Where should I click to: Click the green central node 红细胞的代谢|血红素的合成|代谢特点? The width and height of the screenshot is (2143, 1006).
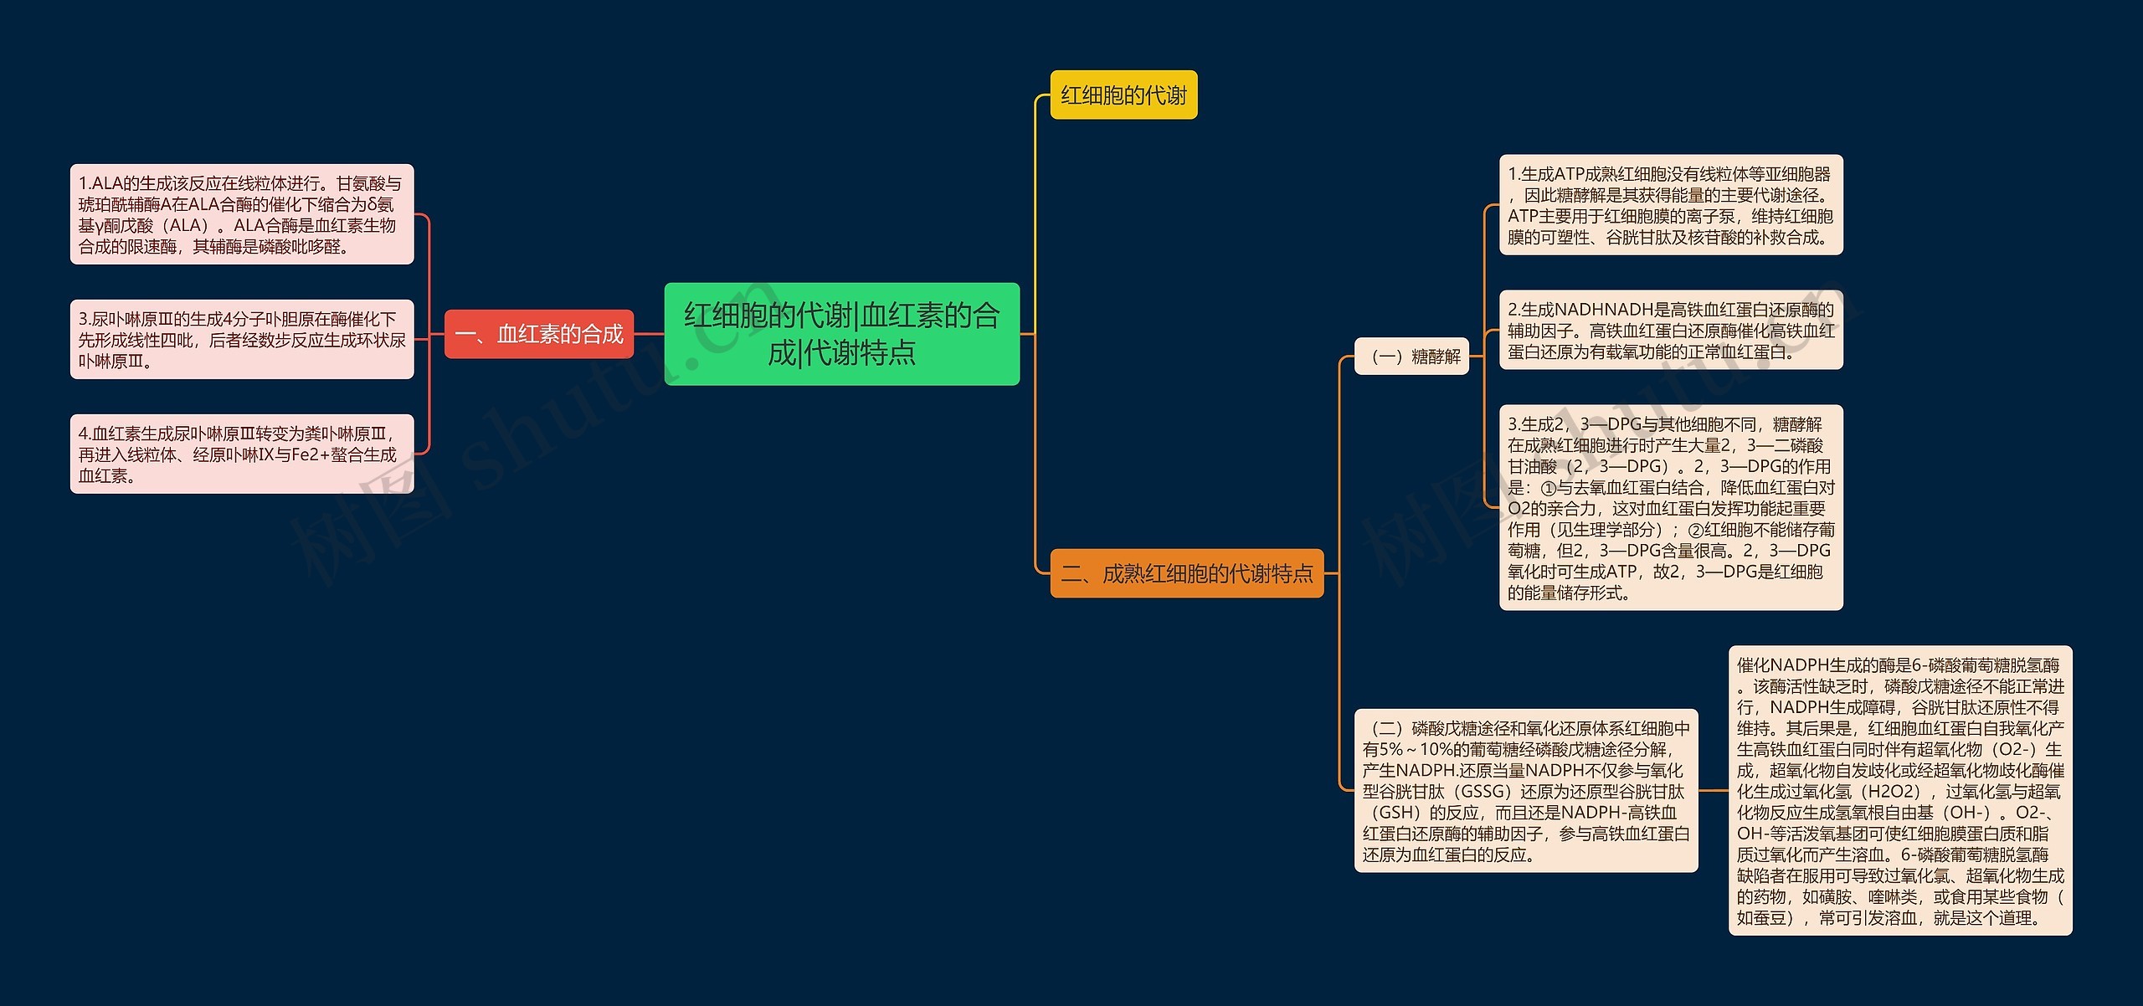841,334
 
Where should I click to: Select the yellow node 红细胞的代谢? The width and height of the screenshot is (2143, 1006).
1123,95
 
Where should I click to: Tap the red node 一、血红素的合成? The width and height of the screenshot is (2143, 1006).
538,334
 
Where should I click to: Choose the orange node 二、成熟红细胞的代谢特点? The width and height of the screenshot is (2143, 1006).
1186,573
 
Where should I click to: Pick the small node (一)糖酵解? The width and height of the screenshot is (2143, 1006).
1411,356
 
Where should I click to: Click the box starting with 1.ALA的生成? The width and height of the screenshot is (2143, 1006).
241,214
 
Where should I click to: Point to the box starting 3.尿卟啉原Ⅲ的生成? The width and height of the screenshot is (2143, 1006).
241,339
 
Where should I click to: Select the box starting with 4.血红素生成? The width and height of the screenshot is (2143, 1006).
241,454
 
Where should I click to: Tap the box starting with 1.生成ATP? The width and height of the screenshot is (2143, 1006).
1670,205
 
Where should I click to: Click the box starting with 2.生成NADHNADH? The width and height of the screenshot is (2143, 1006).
1670,330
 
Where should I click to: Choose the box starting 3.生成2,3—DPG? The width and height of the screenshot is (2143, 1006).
1670,507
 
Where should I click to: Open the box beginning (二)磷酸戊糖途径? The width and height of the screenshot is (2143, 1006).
1525,790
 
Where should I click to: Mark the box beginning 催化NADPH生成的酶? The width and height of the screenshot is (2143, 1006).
1899,790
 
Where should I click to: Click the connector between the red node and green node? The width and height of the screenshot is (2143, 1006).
649,334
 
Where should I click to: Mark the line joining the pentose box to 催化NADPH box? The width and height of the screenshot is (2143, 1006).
1714,790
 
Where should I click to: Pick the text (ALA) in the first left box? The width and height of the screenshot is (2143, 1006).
185,226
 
